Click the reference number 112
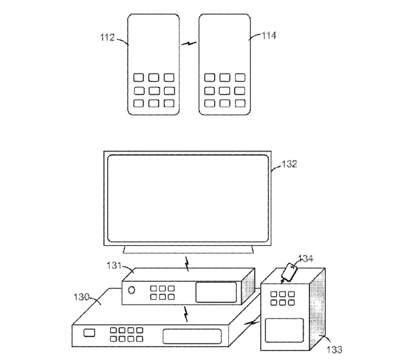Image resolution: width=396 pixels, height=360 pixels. pyautogui.click(x=108, y=37)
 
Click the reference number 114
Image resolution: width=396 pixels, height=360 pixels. pyautogui.click(x=268, y=35)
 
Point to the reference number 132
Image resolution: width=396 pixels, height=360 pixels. pyautogui.click(x=289, y=164)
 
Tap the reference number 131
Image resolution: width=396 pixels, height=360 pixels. pyautogui.click(x=114, y=266)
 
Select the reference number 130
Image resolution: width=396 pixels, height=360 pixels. pyautogui.click(x=81, y=297)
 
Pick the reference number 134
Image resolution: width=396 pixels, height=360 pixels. pyautogui.click(x=306, y=259)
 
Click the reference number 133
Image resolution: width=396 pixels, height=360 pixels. pyautogui.click(x=335, y=349)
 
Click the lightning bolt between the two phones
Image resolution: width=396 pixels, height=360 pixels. pyautogui.click(x=189, y=44)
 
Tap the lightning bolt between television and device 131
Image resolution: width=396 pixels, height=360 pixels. pyautogui.click(x=187, y=264)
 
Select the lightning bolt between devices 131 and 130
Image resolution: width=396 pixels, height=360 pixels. pyautogui.click(x=186, y=314)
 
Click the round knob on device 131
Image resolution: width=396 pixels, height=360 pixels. pyautogui.click(x=131, y=290)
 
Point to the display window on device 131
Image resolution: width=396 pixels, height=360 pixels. pyautogui.click(x=216, y=292)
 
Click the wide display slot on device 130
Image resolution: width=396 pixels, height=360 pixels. pyautogui.click(x=192, y=336)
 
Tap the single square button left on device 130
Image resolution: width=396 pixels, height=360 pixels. pyautogui.click(x=89, y=333)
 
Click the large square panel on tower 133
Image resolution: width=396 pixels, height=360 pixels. pyautogui.click(x=285, y=330)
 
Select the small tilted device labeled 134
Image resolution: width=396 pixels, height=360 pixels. pyautogui.click(x=290, y=272)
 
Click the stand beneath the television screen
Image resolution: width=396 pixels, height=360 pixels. pyautogui.click(x=188, y=250)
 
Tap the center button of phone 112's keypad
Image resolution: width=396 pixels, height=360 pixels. pyautogui.click(x=154, y=90)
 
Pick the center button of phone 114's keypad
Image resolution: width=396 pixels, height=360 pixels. pyautogui.click(x=225, y=90)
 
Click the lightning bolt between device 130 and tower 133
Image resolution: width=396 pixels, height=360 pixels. pyautogui.click(x=251, y=323)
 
